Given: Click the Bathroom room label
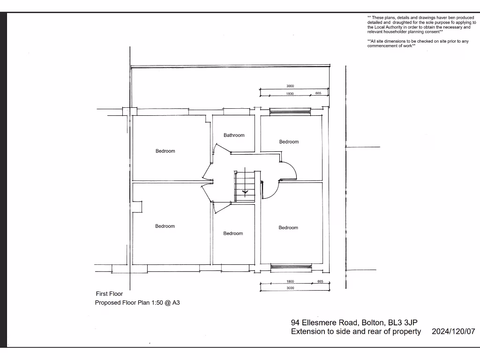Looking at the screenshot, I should point(234,135).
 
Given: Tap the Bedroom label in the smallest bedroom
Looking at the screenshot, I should point(233,233).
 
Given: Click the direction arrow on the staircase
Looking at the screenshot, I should point(244,191).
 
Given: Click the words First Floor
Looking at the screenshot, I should point(109,294).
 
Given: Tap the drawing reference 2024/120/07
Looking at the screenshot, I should point(453,331).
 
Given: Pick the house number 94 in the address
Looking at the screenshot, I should point(295,322).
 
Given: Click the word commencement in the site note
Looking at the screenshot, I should point(383,45).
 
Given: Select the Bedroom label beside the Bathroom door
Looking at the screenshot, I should point(165,151).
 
